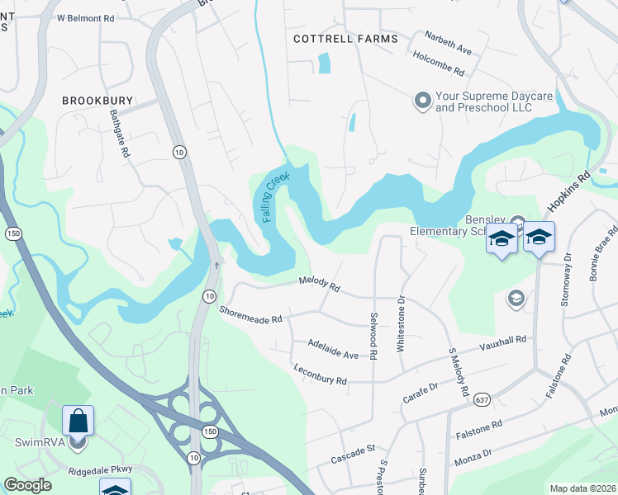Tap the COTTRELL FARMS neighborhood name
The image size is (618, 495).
346,39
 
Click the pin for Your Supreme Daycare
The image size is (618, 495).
423,101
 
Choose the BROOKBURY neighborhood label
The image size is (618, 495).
97,100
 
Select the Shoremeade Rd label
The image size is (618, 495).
250,314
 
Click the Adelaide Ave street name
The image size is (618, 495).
332,348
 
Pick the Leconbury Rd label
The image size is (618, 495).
320,374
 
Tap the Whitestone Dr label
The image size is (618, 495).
402,324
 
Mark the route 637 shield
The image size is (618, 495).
481,400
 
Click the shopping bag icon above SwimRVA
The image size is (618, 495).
78,421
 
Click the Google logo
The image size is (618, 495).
28,485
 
